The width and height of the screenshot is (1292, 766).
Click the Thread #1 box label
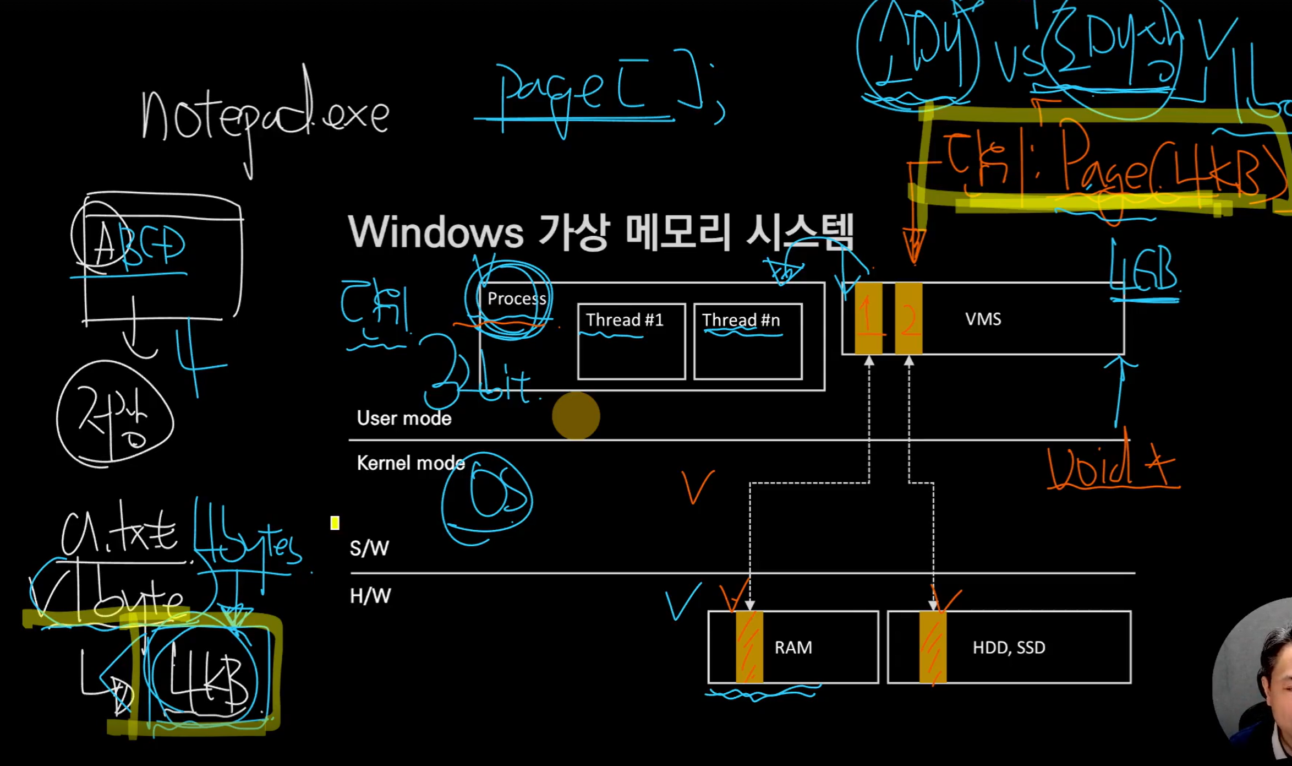coord(625,320)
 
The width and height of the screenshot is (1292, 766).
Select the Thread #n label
coord(741,320)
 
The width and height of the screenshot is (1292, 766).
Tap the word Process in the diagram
coord(516,298)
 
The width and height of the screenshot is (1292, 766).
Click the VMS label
coord(983,319)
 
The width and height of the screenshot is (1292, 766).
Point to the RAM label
coord(793,647)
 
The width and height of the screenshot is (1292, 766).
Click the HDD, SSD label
coord(1009,647)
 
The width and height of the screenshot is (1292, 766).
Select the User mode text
coord(404,419)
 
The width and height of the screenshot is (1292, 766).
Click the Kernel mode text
coord(410,463)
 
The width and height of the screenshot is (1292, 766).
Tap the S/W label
coord(369,548)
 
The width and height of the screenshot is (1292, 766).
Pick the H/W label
coord(370,596)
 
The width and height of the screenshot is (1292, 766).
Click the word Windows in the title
coord(435,232)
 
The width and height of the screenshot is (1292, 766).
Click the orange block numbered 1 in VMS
coord(868,318)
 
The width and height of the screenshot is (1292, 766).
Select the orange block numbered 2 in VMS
coord(908,318)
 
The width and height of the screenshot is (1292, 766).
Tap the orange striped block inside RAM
coord(749,647)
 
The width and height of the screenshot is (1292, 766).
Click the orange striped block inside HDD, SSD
coord(933,647)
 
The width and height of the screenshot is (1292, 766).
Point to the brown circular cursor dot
coord(576,416)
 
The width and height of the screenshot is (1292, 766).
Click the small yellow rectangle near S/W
coord(335,523)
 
